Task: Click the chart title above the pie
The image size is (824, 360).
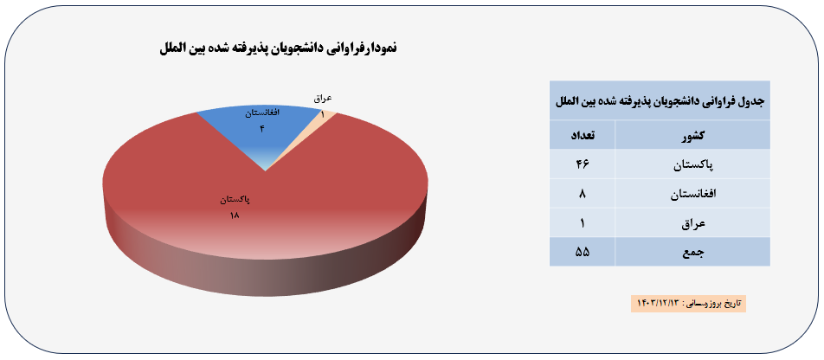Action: coord(279,48)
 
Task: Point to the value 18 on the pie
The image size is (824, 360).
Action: coord(235,215)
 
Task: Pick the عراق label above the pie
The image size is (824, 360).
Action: coord(323,99)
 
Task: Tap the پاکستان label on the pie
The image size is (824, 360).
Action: coord(235,200)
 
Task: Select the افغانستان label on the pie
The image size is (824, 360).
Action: coord(262,113)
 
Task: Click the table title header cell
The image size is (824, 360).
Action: coord(660,100)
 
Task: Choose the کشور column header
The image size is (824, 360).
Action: coord(692,135)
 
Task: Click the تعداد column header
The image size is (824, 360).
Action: coord(583,135)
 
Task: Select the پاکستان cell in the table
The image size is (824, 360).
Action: coord(692,164)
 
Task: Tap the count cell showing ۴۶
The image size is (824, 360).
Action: coord(583,164)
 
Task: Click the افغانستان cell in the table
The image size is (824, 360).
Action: coord(692,194)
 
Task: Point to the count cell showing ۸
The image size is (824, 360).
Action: coord(583,194)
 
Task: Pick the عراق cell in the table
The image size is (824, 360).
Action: coord(692,222)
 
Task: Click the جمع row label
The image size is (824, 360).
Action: coord(692,252)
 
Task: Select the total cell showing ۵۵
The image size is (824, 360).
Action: coord(583,252)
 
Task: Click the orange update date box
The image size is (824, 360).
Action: coord(688,303)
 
